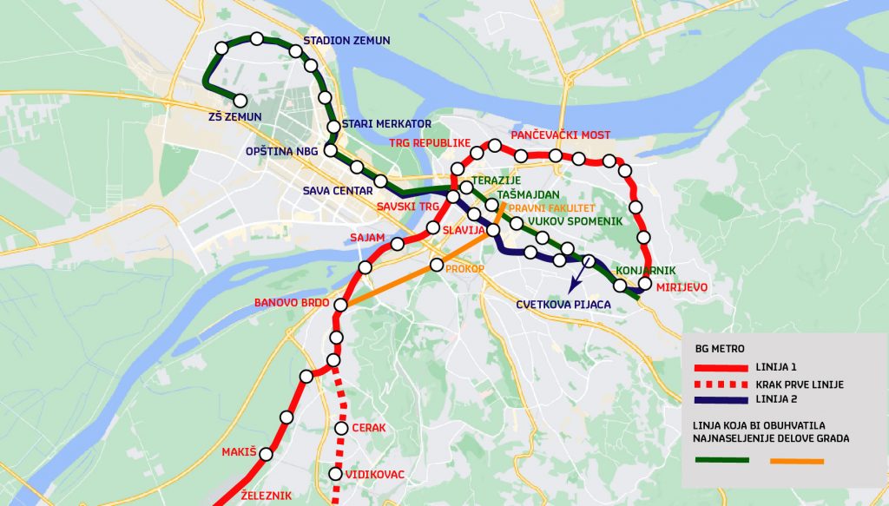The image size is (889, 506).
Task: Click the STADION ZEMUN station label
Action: coord(346,41)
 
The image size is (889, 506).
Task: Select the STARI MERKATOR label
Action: coord(386,124)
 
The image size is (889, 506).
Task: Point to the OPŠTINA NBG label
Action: coord(282,151)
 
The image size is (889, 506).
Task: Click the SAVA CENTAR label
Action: coord(338,191)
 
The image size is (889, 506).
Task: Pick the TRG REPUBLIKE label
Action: coord(429,142)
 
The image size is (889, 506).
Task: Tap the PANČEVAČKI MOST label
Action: coord(560,135)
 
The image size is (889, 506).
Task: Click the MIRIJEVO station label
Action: coord(682,287)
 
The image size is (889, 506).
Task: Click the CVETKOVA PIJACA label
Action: coord(563,305)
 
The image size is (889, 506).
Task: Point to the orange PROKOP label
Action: coord(464,269)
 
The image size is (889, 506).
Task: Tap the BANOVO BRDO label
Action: coord(292,304)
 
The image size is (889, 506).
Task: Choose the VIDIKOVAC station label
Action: coord(375,475)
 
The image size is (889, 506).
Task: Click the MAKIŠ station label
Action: coord(240,452)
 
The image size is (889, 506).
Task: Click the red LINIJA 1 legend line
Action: coord(720,368)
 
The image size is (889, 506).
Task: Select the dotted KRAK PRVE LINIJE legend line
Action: coord(720,384)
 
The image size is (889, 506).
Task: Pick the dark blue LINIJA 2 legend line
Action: coord(720,400)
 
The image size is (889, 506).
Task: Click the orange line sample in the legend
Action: coord(796,460)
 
